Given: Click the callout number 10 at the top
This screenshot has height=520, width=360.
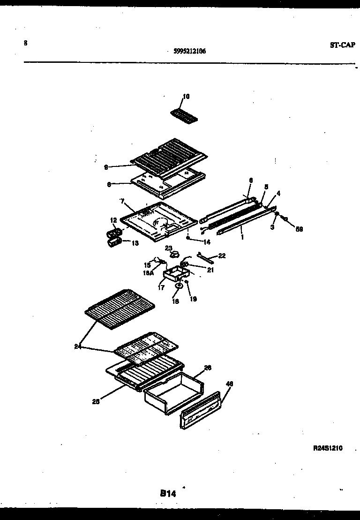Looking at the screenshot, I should [186, 97].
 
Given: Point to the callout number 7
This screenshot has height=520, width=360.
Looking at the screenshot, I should [122, 202].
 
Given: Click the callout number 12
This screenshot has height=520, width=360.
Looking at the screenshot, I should [113, 220].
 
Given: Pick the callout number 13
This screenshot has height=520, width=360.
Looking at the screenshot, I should [135, 243].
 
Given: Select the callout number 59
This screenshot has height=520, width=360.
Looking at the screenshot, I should [299, 230].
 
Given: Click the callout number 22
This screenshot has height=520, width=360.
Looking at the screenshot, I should [222, 256].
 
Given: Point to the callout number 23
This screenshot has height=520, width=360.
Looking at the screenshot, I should [169, 248].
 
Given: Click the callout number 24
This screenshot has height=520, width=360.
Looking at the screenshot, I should [77, 347].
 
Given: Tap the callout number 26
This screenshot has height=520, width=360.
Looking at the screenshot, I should [208, 368].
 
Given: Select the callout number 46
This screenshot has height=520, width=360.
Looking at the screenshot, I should [229, 384].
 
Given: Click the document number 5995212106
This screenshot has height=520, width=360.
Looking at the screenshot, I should [189, 52].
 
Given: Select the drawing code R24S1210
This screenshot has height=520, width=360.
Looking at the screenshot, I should [328, 448].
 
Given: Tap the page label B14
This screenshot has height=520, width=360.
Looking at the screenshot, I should [167, 493].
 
